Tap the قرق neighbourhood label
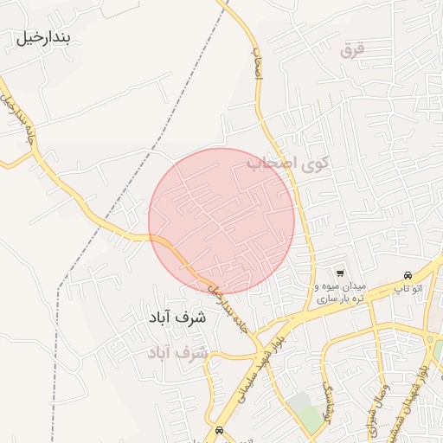[353, 50]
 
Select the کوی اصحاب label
[288, 163]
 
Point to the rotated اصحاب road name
[257, 62]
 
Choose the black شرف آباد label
[178, 318]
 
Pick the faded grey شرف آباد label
[178, 353]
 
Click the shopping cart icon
[339, 270]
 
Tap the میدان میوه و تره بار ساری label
[340, 291]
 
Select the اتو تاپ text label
[408, 286]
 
